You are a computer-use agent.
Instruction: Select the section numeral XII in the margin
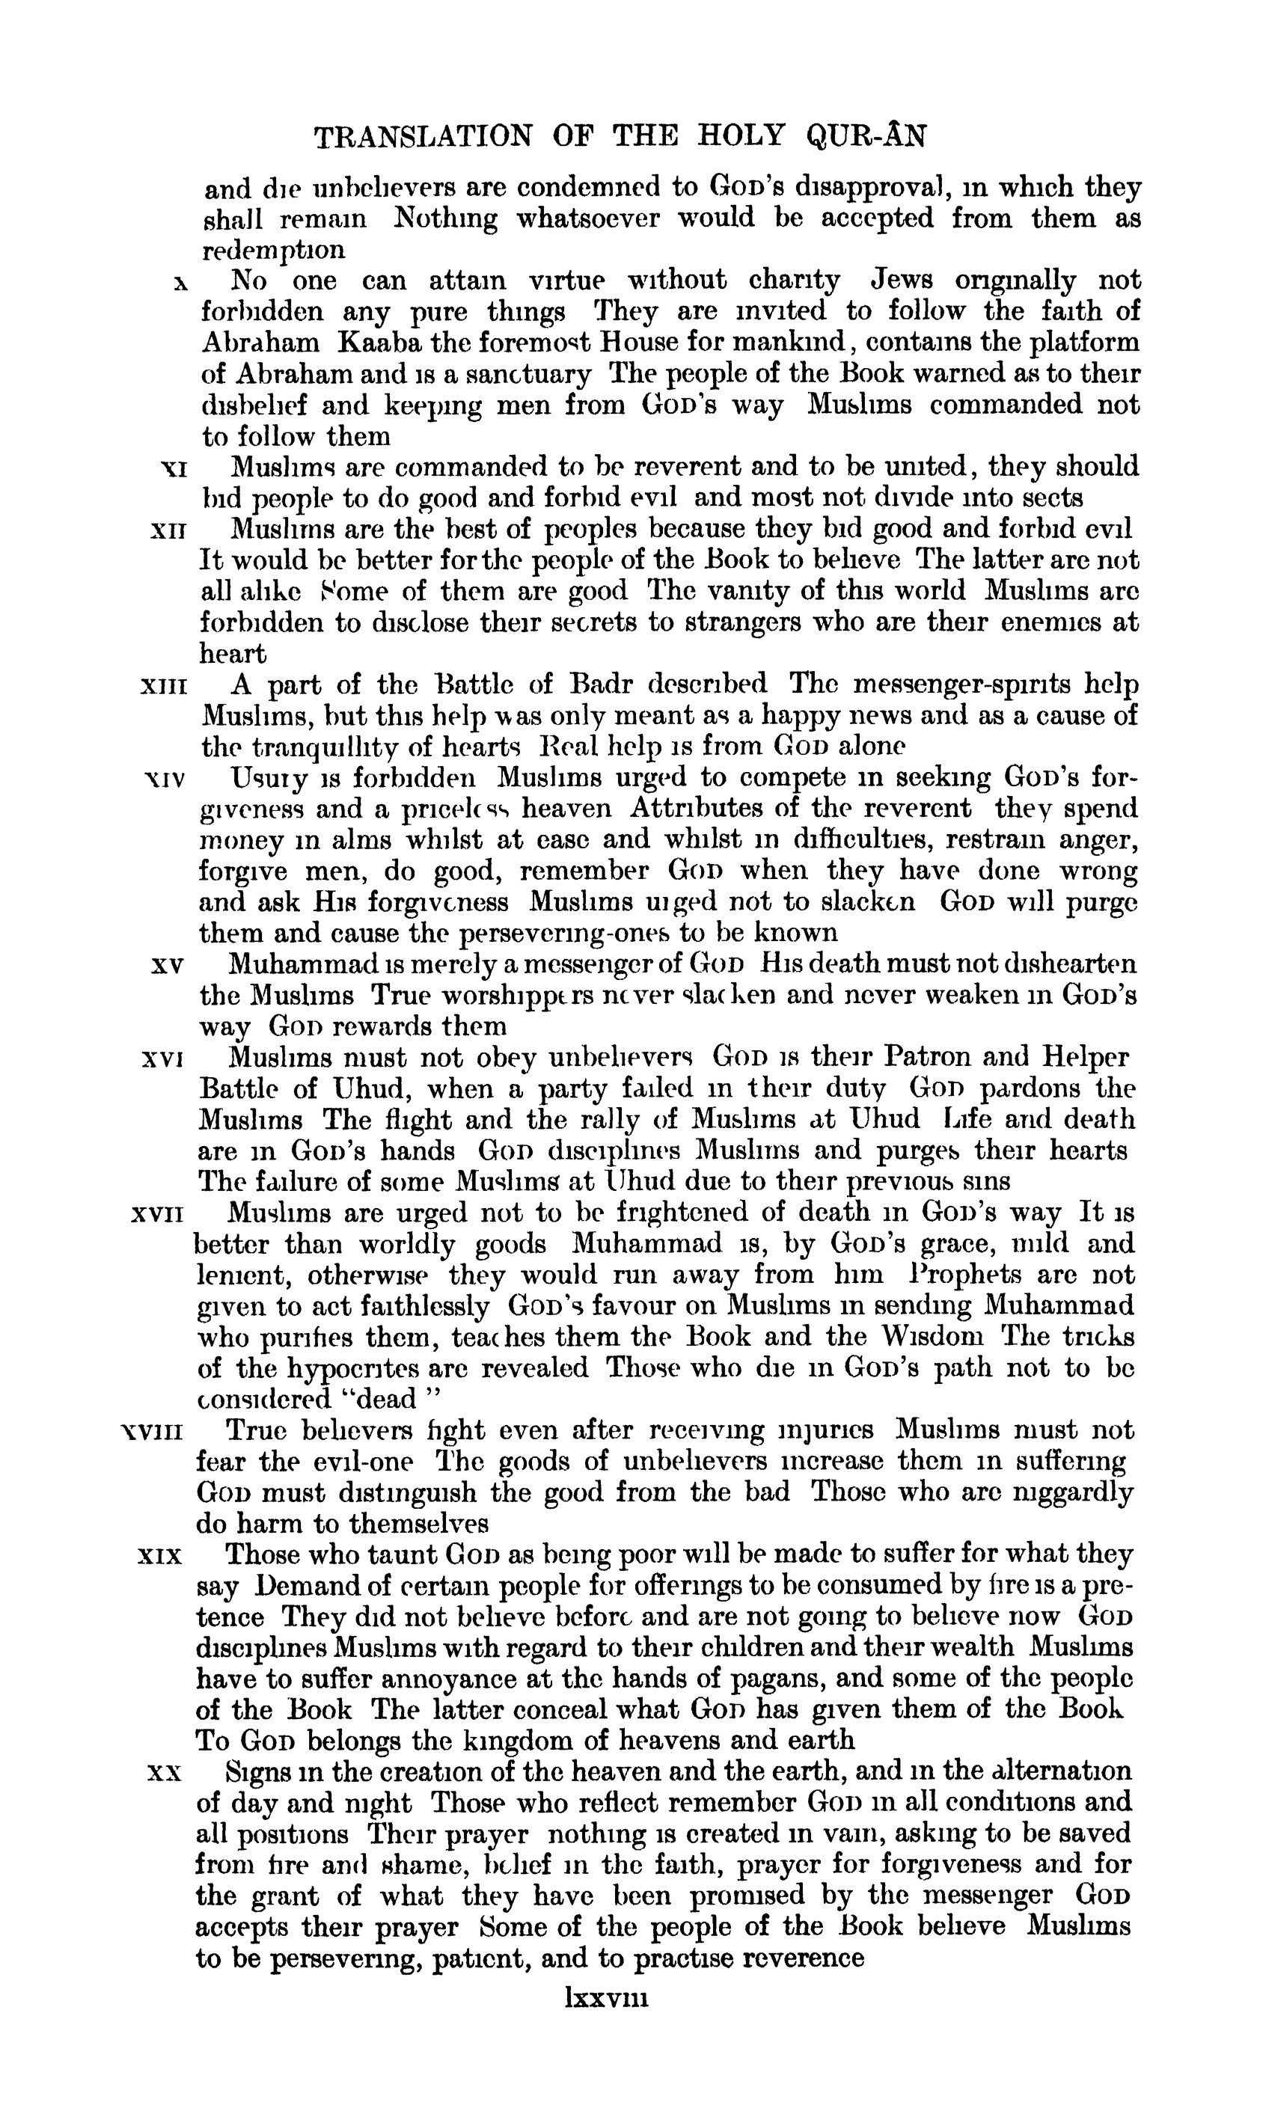coord(168,531)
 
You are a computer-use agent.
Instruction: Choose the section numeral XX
coord(165,1773)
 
